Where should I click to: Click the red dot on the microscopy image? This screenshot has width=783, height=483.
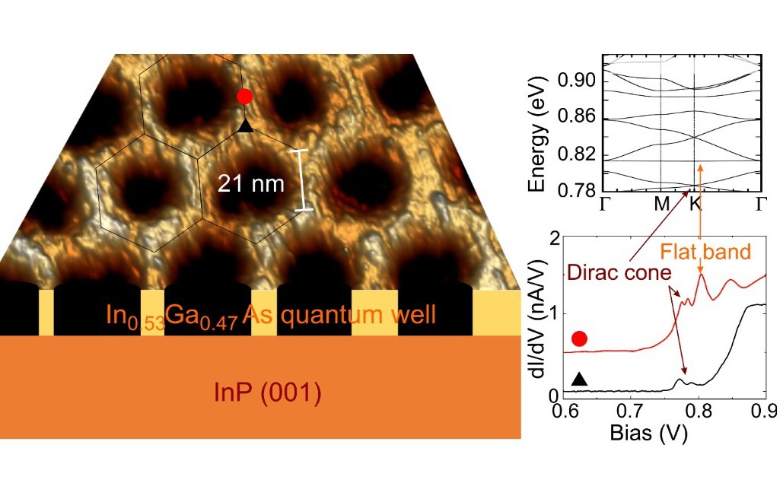point(244,97)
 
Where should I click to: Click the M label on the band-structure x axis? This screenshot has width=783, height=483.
point(660,205)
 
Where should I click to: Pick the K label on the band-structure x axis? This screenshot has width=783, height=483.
point(695,205)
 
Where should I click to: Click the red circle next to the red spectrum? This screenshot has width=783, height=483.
point(579,338)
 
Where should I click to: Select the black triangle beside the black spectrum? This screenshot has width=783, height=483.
point(579,378)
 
